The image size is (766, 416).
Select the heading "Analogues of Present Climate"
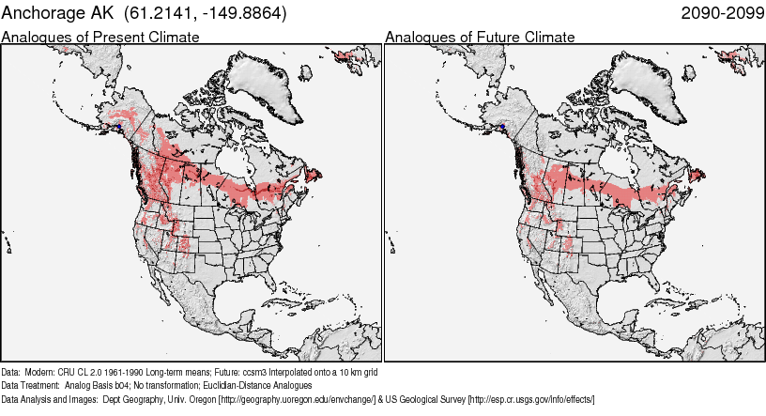tap(100, 37)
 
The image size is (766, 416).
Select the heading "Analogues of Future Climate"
tap(480, 37)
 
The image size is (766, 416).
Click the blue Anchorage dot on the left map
tap(119, 127)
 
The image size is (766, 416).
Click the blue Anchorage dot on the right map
tap(502, 126)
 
